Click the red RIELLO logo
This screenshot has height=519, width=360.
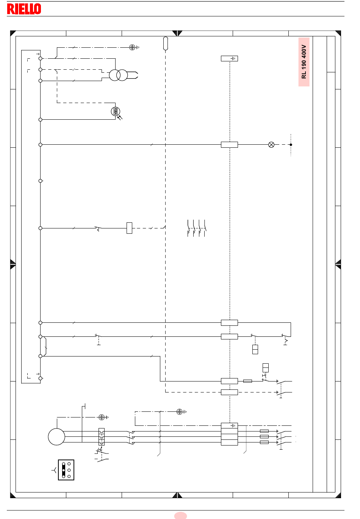[24, 9]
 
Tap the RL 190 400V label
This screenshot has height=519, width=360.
[304, 62]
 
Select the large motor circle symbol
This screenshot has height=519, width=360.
[56, 437]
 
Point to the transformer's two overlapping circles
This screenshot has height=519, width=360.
[119, 75]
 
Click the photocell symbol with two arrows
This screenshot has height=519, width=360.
[116, 113]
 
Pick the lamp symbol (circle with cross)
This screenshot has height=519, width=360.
[271, 145]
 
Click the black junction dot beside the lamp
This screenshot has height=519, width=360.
[291, 145]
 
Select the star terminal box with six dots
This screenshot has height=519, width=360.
[66, 470]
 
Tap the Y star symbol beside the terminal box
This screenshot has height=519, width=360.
[54, 470]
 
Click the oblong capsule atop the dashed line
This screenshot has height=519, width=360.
[166, 43]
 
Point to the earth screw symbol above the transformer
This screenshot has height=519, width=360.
[132, 47]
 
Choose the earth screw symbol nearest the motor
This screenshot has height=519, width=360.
[102, 417]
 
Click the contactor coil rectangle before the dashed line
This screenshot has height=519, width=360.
[129, 228]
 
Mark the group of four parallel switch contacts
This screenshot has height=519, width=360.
[197, 228]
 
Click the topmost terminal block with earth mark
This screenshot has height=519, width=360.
[229, 58]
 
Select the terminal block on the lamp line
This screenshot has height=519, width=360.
[229, 145]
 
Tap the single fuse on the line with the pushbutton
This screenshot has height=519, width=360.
[247, 381]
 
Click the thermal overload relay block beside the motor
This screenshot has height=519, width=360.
[102, 437]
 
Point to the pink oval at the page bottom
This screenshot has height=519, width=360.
[180, 516]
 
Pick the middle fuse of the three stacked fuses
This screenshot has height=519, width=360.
[264, 437]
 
